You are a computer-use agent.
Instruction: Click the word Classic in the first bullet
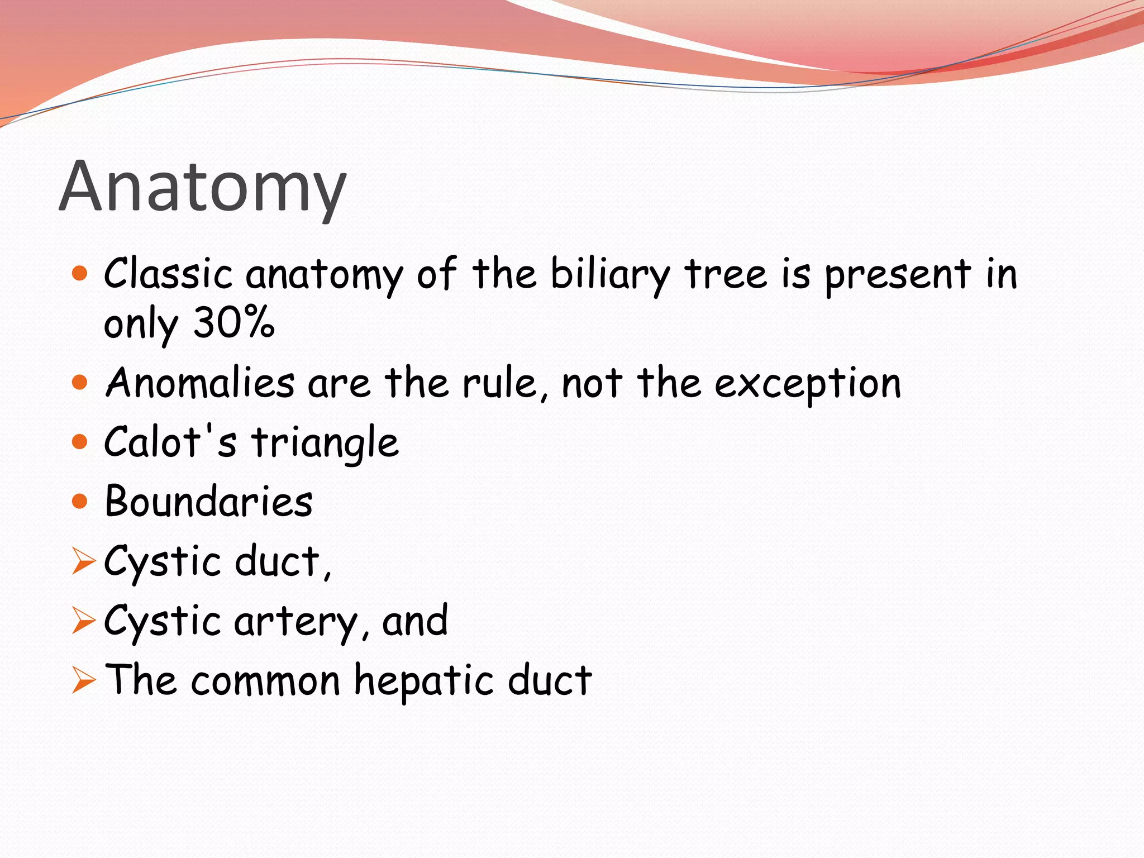(x=168, y=274)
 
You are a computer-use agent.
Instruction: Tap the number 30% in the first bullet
(x=233, y=322)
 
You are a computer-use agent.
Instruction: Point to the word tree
(x=726, y=274)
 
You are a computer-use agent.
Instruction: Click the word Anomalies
(x=200, y=383)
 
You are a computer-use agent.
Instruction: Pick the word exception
(x=808, y=384)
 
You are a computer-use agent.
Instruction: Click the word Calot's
(x=170, y=442)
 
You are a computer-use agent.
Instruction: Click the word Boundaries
(x=208, y=501)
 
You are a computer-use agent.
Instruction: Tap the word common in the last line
(x=265, y=681)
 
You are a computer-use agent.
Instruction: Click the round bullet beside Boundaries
(x=80, y=501)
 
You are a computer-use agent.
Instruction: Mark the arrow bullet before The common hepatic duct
(x=83, y=681)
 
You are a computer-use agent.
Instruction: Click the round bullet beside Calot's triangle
(x=80, y=442)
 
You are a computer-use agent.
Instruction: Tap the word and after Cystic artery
(x=414, y=621)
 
